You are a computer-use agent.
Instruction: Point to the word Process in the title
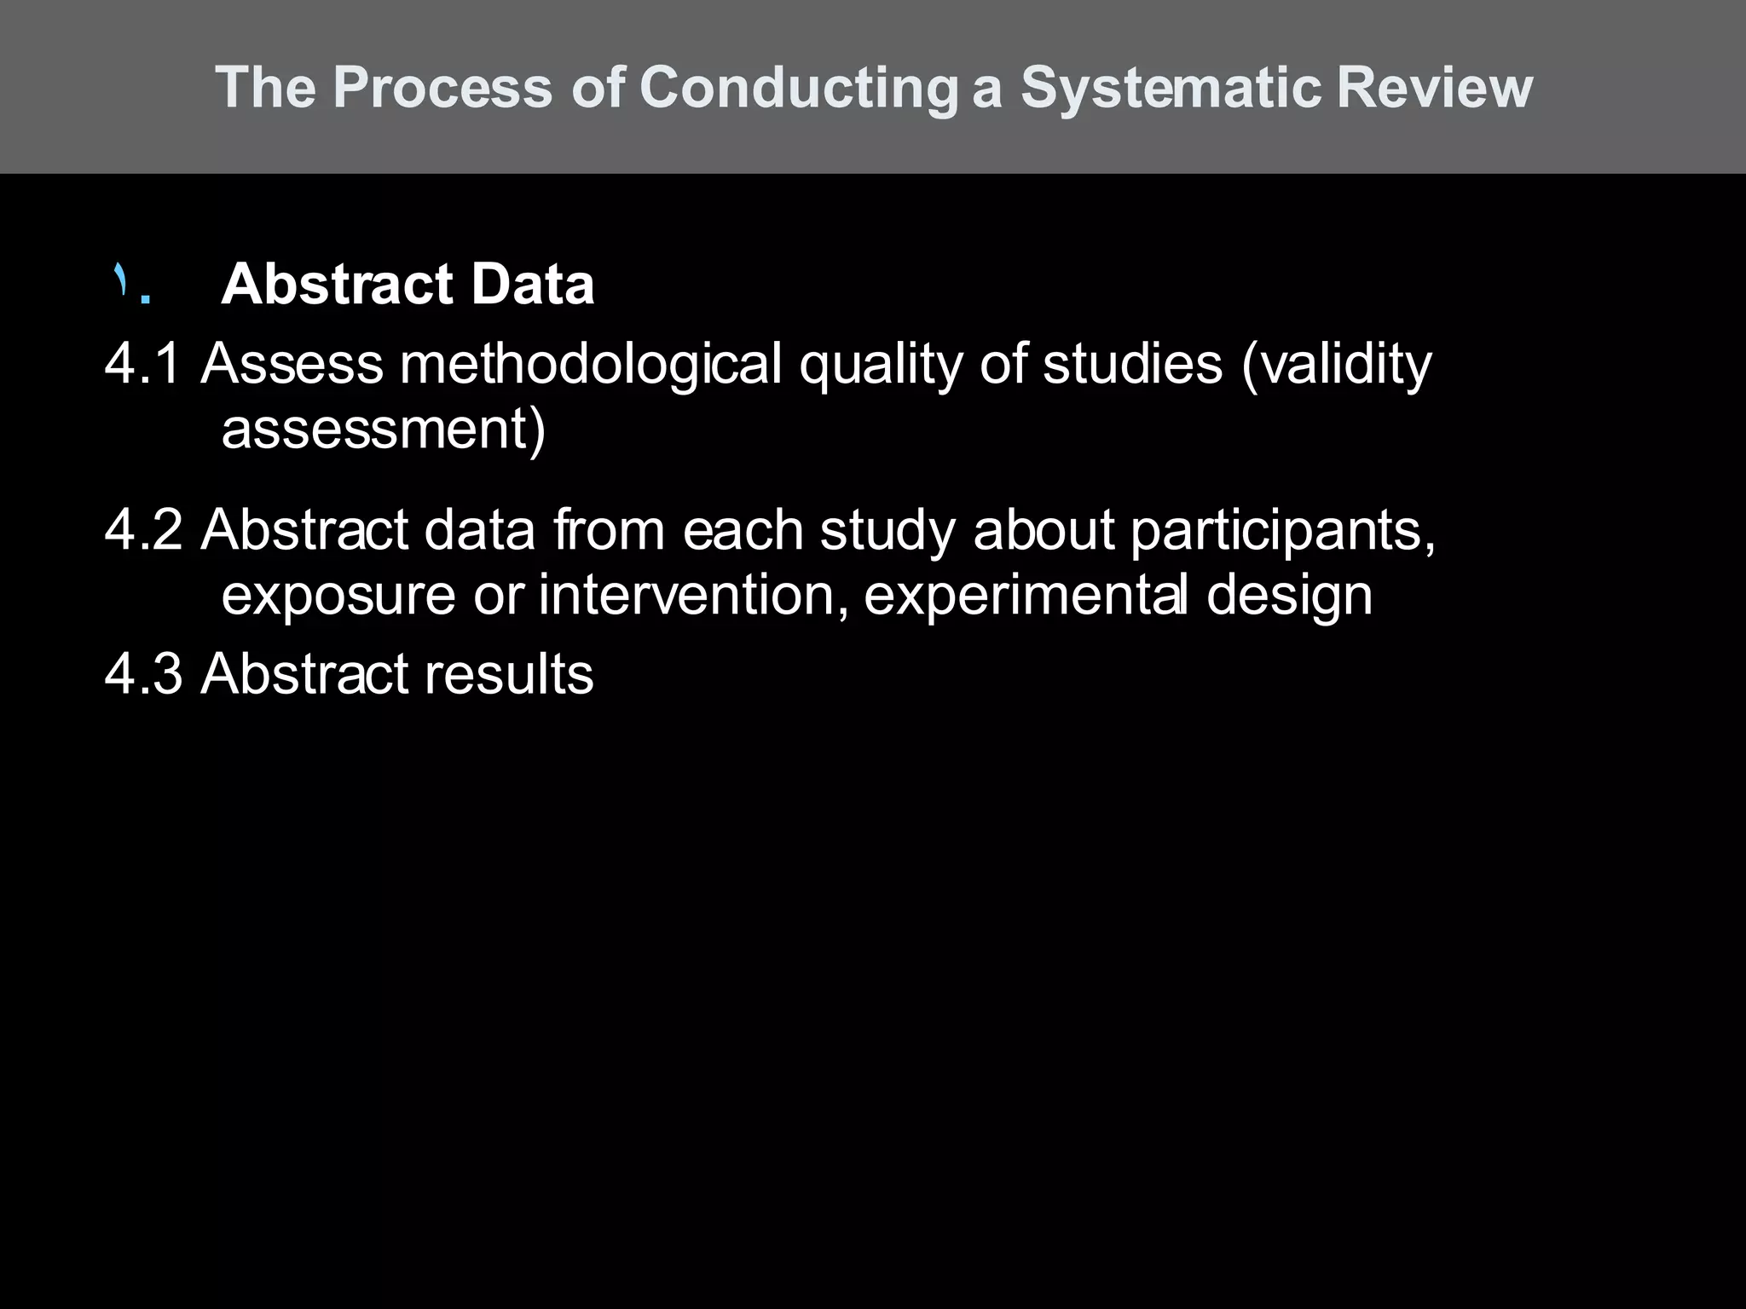point(442,88)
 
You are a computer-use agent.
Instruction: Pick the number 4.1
point(142,364)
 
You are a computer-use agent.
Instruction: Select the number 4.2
point(142,530)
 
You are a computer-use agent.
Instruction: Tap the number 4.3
point(142,674)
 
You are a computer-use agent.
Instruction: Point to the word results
point(509,674)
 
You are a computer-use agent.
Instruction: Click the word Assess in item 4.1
point(292,364)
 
